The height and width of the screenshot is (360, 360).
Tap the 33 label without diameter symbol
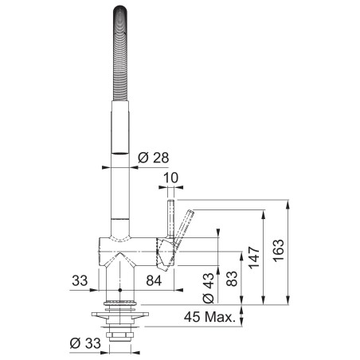(80, 280)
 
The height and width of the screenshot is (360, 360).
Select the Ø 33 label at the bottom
(86, 343)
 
